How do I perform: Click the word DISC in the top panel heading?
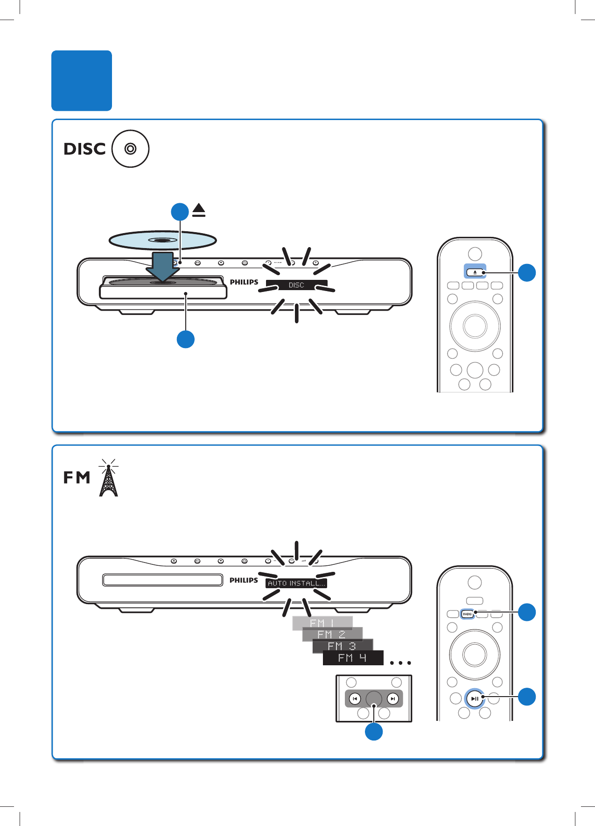point(84,149)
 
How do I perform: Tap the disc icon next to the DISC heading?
point(130,149)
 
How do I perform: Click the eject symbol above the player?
point(199,211)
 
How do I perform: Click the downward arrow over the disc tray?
point(162,267)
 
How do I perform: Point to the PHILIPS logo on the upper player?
point(244,282)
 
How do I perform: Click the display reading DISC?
point(296,285)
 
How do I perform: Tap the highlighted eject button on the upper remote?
point(475,272)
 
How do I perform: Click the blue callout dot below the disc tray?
point(186,339)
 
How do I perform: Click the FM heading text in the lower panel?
point(77,478)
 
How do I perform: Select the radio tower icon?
point(108,479)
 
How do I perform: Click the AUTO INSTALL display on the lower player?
point(296,583)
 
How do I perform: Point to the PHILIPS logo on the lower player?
point(244,580)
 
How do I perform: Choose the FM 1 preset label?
point(322,623)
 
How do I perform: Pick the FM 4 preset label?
point(353,658)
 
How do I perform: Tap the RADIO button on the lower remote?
point(467,614)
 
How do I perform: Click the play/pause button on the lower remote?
point(474,698)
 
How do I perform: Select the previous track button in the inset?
point(355,699)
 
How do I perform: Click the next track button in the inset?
point(393,699)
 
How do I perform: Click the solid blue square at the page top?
point(82,80)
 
